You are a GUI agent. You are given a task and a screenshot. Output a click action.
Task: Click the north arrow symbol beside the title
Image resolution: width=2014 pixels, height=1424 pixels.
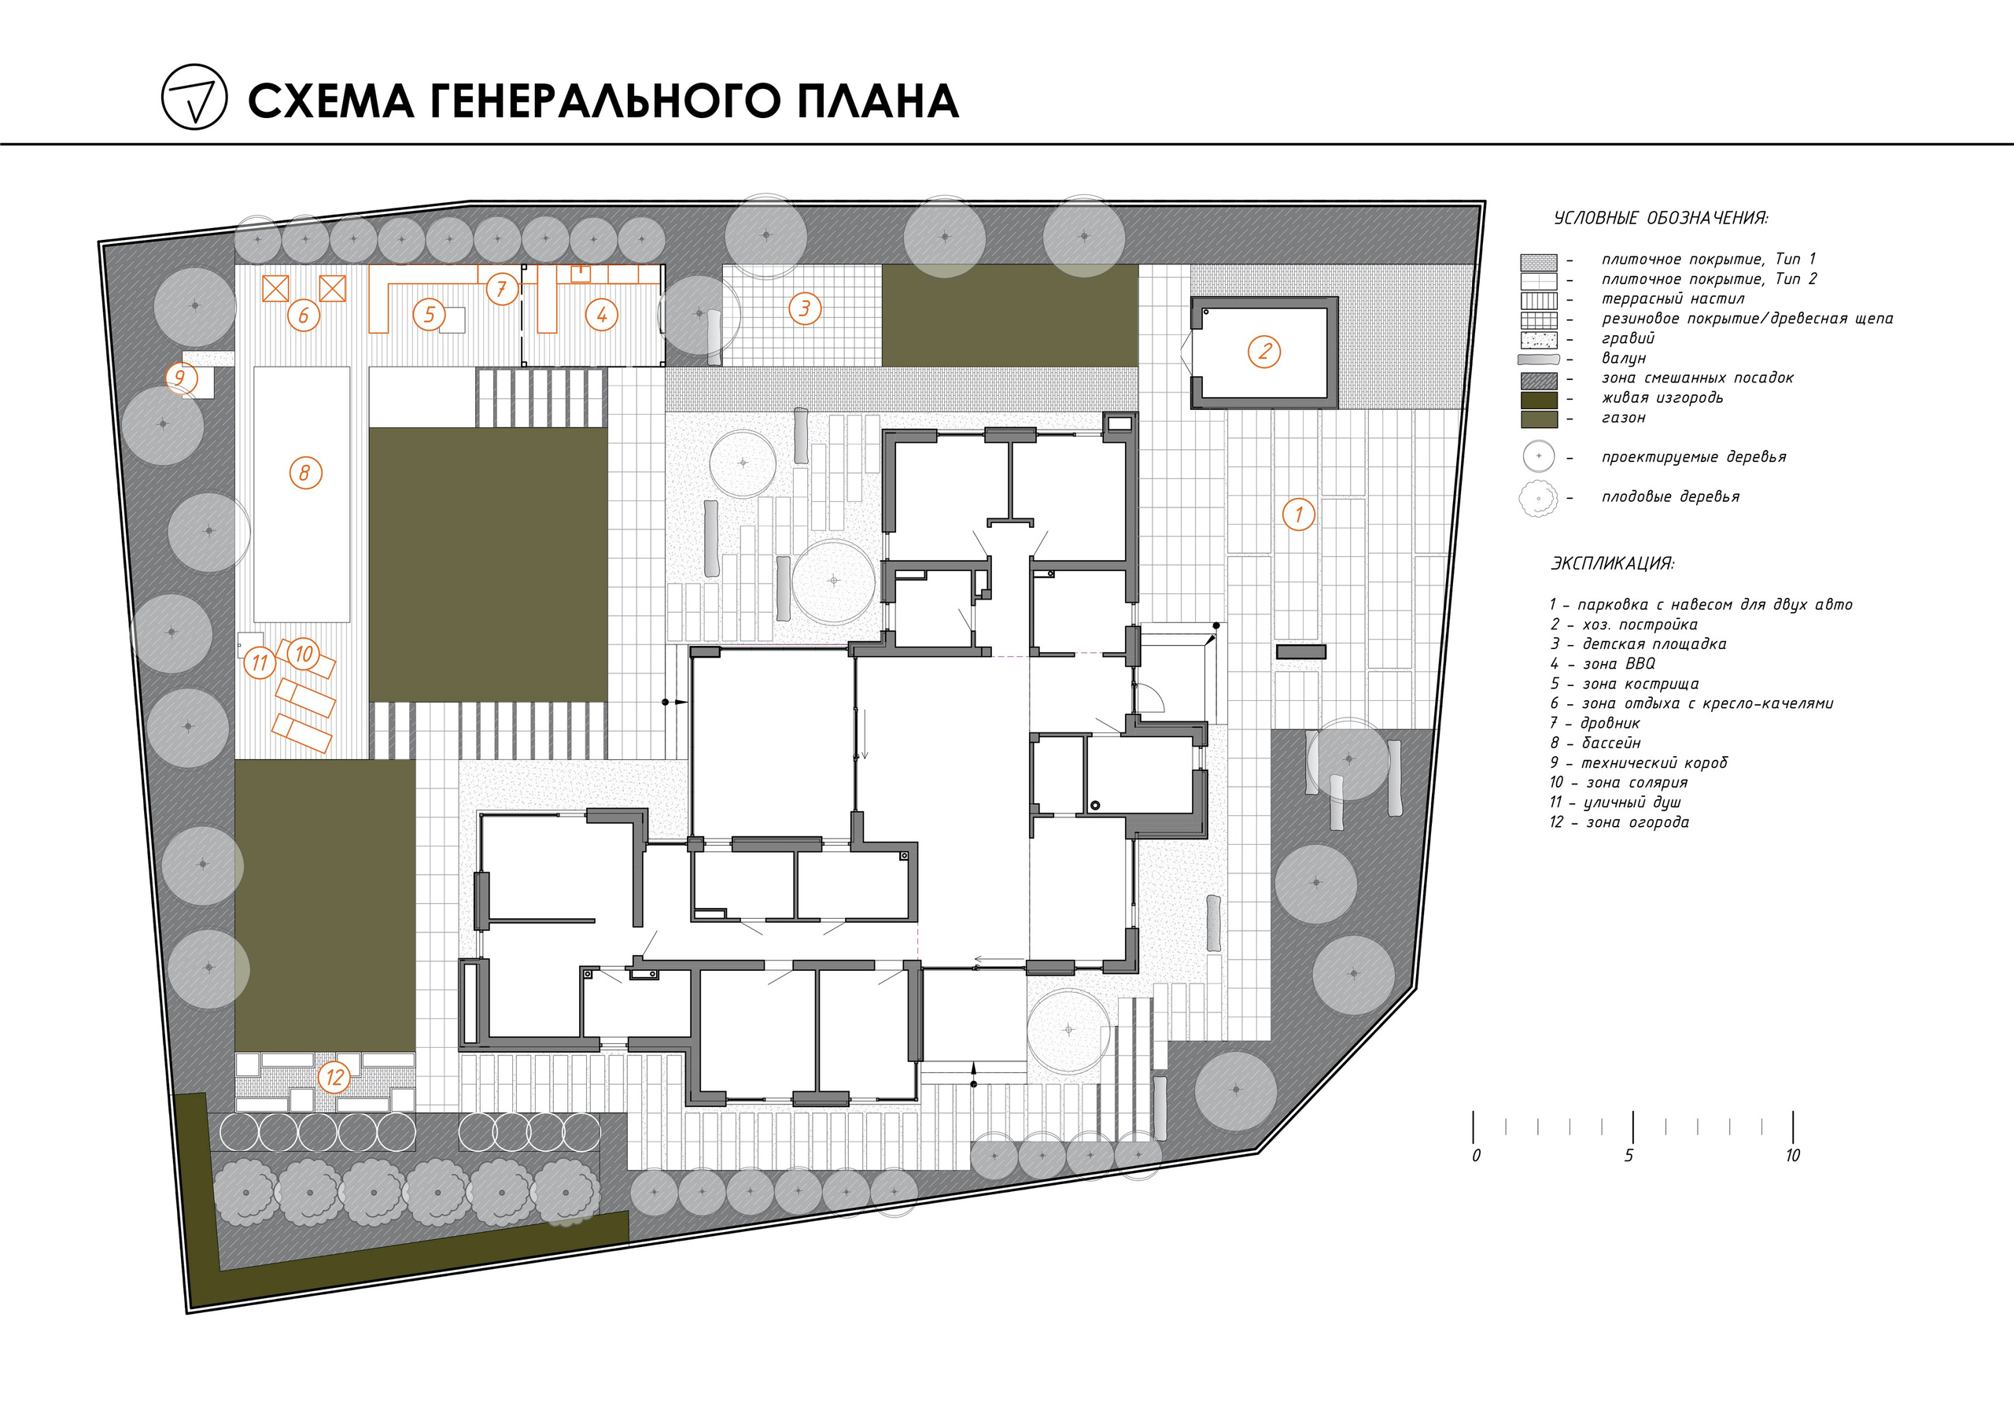click(x=194, y=98)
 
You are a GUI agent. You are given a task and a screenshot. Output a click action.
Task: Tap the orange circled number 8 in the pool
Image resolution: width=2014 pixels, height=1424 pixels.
click(x=305, y=474)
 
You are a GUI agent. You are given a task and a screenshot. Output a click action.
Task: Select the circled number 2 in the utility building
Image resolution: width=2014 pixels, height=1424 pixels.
click(x=1264, y=352)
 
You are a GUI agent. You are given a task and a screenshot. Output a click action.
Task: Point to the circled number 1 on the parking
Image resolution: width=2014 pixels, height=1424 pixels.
click(x=1298, y=515)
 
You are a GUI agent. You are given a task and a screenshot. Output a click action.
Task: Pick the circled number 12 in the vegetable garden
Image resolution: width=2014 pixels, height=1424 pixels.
click(x=334, y=1076)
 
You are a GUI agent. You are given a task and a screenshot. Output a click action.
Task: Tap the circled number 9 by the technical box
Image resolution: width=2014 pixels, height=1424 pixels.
click(x=180, y=379)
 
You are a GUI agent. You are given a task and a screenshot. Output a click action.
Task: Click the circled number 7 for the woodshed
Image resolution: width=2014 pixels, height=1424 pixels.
click(x=501, y=289)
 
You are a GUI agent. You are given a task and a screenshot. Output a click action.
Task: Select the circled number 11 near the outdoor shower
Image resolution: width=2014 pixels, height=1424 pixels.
click(x=259, y=662)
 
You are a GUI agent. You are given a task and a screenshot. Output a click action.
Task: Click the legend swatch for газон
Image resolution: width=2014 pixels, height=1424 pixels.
click(x=1539, y=419)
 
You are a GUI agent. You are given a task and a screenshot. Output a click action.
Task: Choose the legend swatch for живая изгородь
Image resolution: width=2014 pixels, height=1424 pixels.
click(x=1539, y=399)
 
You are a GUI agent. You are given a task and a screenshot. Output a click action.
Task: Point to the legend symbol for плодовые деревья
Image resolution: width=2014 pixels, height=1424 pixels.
click(x=1538, y=498)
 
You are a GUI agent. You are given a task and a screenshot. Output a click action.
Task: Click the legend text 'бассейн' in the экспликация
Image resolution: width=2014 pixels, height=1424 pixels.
click(x=1610, y=743)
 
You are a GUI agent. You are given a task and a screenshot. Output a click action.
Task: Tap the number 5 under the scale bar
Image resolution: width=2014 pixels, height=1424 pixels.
click(x=1629, y=1156)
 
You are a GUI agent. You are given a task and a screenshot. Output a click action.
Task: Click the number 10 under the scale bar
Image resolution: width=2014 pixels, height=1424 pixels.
click(x=1792, y=1156)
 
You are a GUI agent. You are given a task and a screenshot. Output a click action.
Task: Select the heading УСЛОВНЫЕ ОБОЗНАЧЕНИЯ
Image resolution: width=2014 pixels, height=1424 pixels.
click(x=1661, y=219)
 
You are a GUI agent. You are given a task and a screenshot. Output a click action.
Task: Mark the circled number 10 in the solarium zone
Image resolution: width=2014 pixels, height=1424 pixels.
click(x=304, y=654)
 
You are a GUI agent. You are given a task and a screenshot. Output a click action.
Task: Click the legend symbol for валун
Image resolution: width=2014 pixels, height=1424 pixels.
click(x=1539, y=360)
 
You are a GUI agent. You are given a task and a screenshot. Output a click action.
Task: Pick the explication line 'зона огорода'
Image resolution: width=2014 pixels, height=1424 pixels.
click(x=1636, y=822)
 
